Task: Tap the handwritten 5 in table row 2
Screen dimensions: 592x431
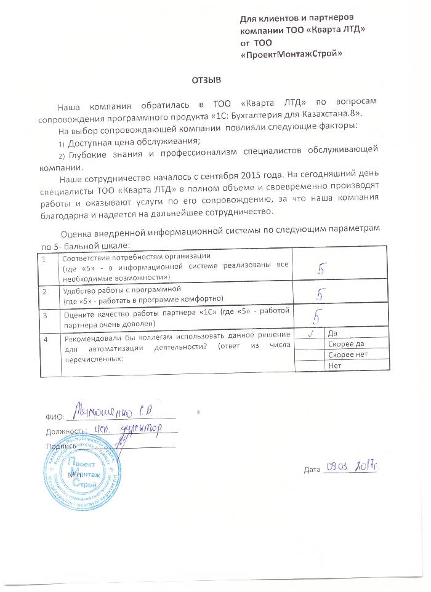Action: pos(320,294)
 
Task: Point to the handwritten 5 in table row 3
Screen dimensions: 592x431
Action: pos(316,316)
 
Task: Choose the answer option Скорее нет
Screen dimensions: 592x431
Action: pos(347,355)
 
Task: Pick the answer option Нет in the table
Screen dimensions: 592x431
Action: pos(336,366)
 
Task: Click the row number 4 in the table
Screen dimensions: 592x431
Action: pos(44,339)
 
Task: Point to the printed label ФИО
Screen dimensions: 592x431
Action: pos(54,417)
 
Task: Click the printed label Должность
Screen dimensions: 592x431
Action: pos(64,431)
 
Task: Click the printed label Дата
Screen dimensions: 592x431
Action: pos(313,470)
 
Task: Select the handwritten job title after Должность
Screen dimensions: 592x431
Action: pos(129,428)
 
